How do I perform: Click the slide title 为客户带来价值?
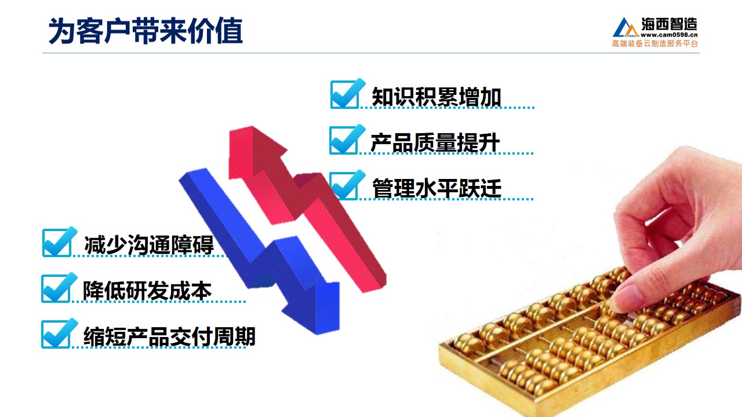146,31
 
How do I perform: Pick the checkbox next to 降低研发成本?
56,288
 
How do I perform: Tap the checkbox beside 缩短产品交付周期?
56,334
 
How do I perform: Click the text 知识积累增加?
437,97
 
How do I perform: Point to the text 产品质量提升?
435,142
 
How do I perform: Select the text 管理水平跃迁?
437,188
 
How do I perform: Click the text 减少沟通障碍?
149,245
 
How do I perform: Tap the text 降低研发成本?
147,291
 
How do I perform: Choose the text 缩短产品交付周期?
169,336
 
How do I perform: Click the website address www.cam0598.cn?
669,35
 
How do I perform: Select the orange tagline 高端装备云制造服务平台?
655,43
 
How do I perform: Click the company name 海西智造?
669,24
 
